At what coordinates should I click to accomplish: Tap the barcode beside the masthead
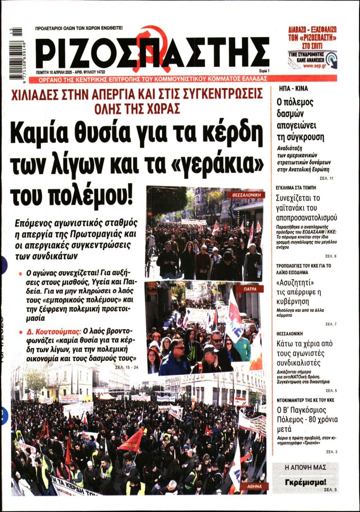17,52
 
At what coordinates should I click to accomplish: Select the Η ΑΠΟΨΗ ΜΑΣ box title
306,467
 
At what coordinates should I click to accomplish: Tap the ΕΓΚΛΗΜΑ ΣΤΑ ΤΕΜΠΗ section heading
297,187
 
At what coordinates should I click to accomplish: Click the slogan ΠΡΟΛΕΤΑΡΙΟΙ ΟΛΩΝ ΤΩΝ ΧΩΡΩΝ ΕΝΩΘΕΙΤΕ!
79,28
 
